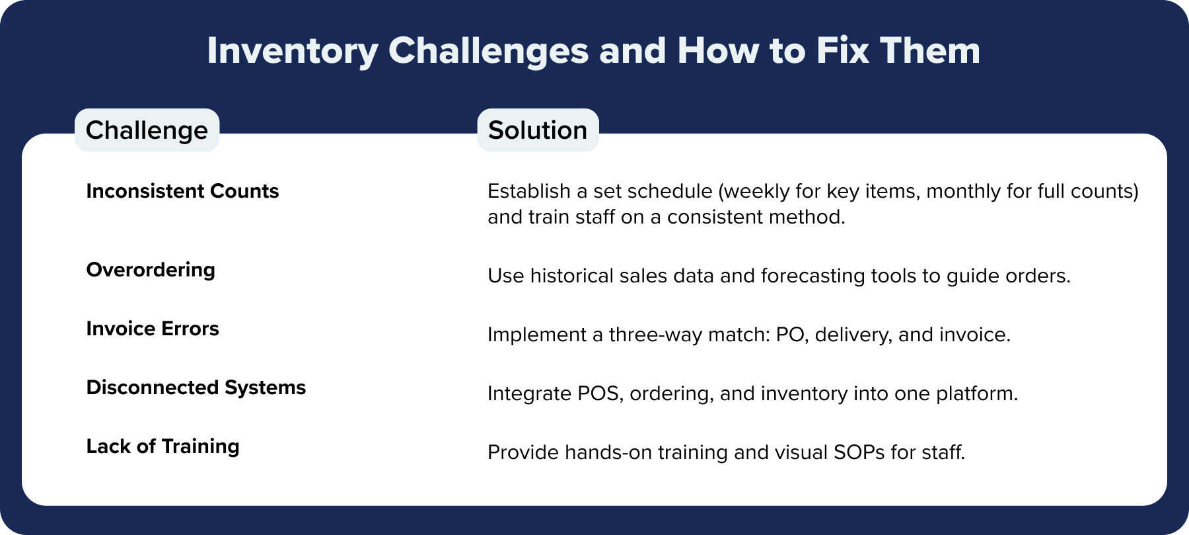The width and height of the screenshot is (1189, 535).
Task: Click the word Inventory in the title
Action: click(292, 52)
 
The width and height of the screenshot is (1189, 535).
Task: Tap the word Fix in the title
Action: click(842, 50)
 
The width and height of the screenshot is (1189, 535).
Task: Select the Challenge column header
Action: click(147, 130)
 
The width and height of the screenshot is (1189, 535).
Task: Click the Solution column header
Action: click(538, 130)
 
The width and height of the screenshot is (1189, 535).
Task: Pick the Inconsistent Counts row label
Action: click(182, 191)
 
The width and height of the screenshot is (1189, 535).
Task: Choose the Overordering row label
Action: click(151, 270)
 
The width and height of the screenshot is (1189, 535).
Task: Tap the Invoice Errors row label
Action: click(153, 329)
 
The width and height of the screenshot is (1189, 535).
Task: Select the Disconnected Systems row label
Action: click(196, 388)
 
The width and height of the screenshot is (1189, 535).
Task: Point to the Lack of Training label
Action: click(162, 446)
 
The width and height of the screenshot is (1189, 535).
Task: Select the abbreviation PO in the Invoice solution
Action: click(792, 335)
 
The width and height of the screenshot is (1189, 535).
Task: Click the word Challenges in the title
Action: click(488, 50)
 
